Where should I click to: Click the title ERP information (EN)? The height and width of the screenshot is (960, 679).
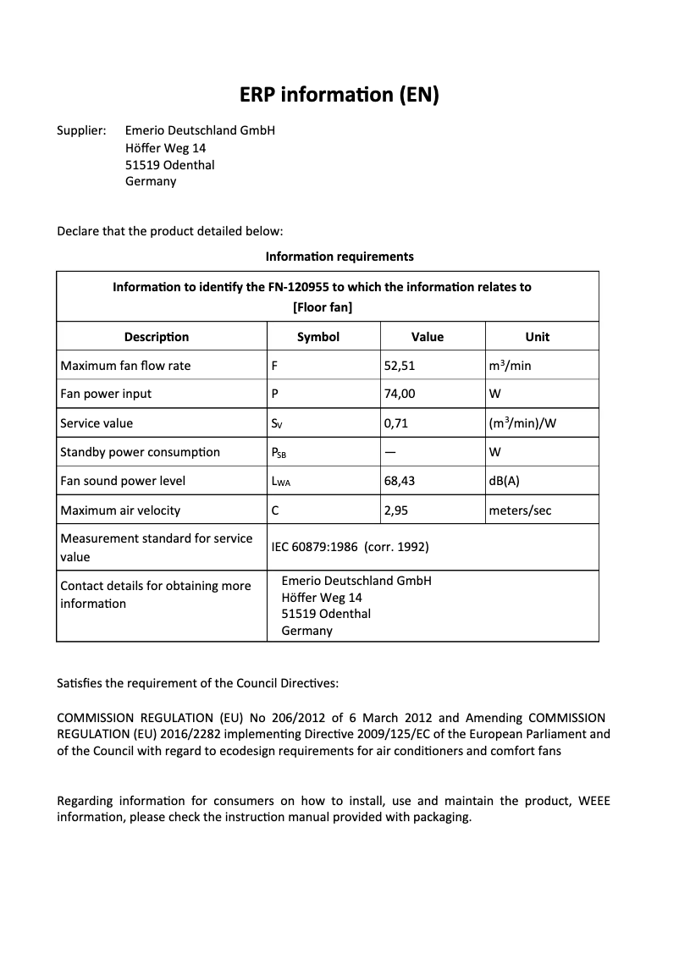point(339,95)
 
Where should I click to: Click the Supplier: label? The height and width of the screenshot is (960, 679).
point(81,130)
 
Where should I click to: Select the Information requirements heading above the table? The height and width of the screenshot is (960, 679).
point(339,256)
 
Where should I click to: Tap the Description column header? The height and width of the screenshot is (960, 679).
point(157,337)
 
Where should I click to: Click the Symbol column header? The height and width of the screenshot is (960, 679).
point(318,337)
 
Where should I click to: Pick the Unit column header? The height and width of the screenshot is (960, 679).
point(537,337)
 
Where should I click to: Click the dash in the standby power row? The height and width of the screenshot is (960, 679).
point(390,451)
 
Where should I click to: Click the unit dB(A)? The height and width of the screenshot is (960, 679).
point(505,481)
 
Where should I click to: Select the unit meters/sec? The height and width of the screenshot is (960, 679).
point(520,510)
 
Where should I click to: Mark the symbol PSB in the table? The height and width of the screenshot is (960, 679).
point(279,453)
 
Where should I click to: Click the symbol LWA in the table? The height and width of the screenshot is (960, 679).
point(280,482)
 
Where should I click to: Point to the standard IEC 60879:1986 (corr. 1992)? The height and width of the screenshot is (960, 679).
point(350,547)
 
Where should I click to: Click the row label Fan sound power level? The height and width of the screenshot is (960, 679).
point(123,481)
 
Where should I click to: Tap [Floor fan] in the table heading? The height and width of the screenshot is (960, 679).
point(323,307)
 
